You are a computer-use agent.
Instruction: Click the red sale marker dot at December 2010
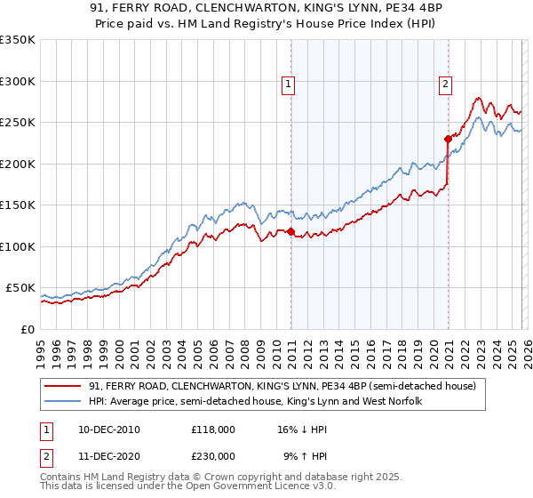point(290,232)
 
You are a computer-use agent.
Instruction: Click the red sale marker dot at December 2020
point(448,139)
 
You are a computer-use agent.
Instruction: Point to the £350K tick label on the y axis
point(18,40)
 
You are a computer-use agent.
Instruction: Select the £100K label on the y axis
point(18,246)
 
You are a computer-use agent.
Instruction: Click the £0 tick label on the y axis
point(28,329)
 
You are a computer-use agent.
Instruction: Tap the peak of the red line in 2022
point(478,98)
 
